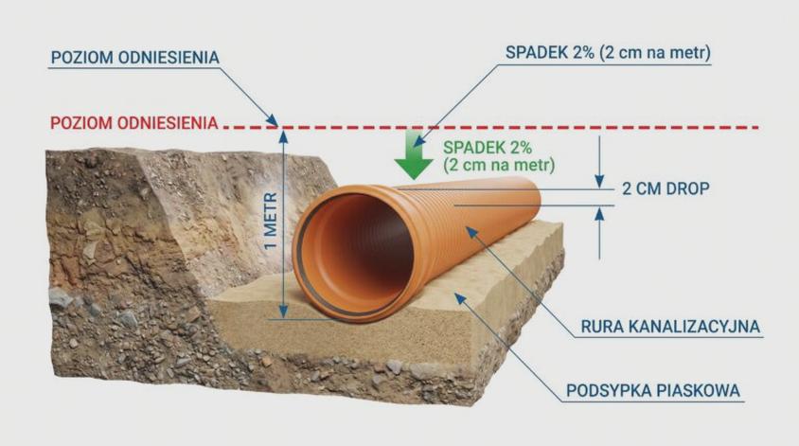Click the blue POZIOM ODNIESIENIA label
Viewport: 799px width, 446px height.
135,58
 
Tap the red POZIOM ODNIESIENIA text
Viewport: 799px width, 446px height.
134,123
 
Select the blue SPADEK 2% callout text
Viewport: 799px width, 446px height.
608,53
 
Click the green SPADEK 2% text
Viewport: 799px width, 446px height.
488,148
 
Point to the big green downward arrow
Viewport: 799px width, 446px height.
414,154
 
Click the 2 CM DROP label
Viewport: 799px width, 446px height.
666,189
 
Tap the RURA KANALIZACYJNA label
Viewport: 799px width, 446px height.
670,327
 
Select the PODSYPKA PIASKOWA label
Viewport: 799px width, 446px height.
653,391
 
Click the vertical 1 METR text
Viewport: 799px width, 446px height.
271,221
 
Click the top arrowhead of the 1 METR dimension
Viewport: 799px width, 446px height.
283,135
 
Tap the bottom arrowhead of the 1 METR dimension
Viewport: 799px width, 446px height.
283,312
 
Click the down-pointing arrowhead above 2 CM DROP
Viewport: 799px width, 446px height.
599,182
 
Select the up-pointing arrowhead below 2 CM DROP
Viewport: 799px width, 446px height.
599,214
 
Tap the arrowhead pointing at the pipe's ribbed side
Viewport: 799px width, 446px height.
471,232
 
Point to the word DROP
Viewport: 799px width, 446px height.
687,189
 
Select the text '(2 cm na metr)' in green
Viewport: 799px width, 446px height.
499,165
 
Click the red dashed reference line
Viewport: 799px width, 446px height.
491,127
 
